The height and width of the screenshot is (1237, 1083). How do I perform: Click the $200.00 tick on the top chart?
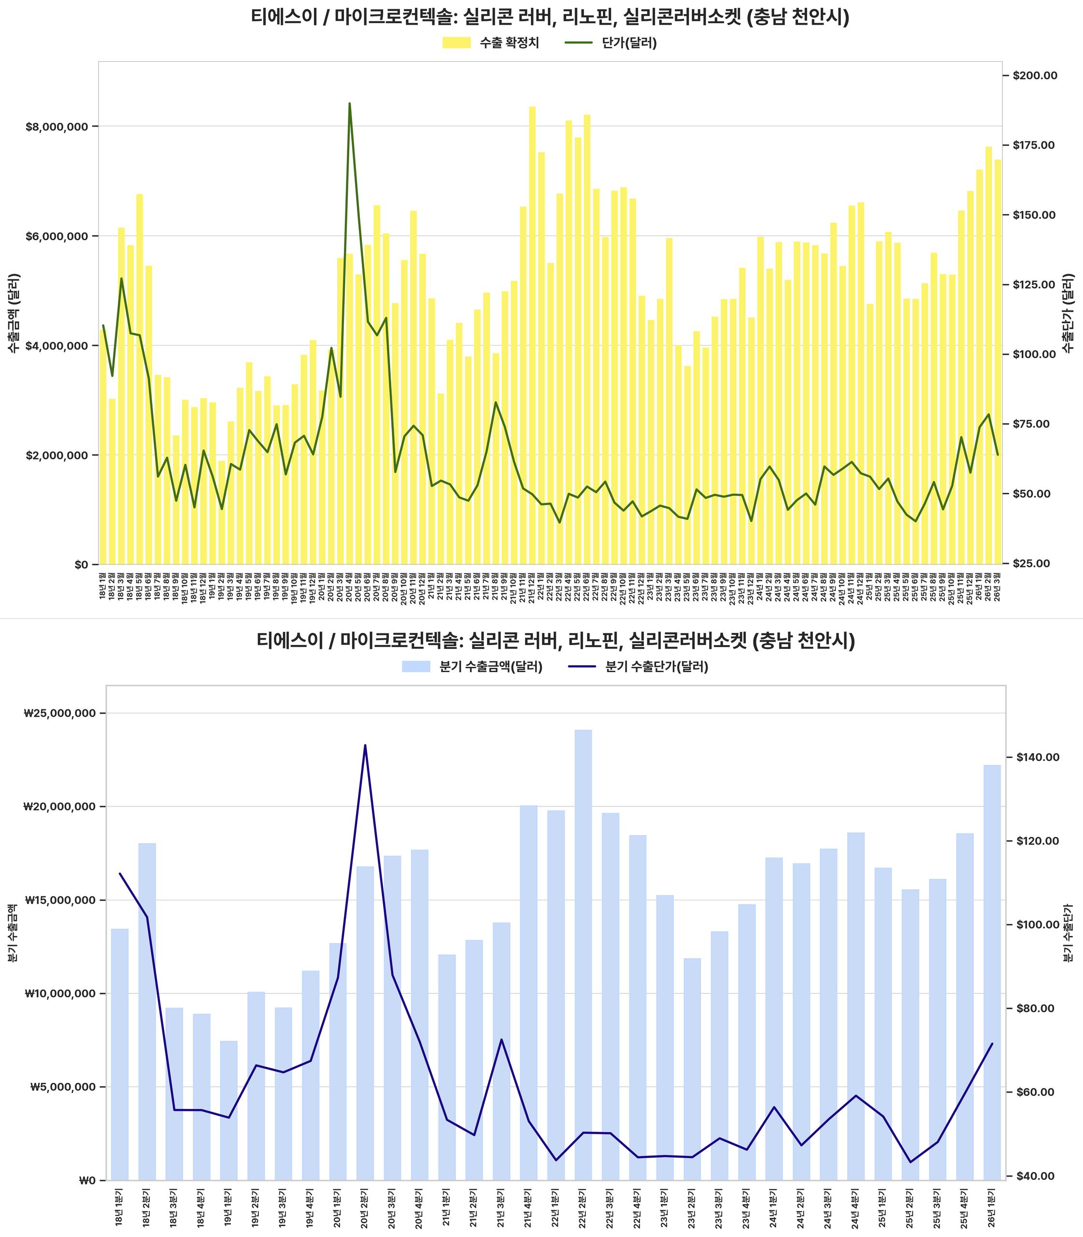point(1034,75)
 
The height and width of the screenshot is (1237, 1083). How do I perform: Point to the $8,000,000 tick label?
point(56,127)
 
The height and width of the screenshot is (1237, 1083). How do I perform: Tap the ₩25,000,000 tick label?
point(60,713)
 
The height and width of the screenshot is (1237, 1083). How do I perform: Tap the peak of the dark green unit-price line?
point(349,103)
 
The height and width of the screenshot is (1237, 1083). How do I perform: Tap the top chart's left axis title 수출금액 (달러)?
point(14,313)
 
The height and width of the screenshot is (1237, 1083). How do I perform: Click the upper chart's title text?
point(550,17)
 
